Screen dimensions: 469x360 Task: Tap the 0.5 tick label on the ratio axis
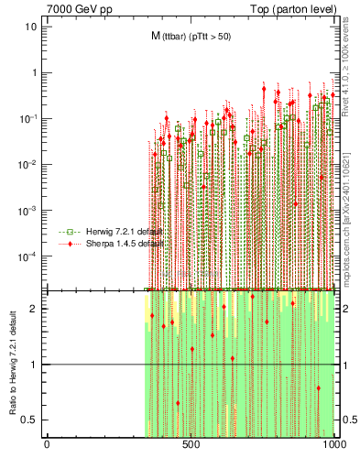tap(31, 420)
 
